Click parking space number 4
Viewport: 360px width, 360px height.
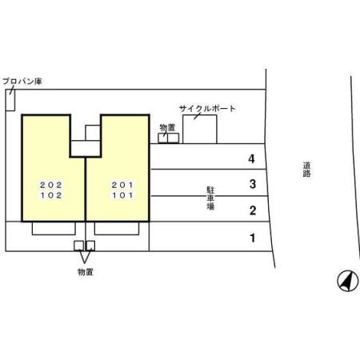[251, 159]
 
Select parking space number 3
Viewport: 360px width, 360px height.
[253, 184]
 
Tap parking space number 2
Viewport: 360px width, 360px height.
[253, 210]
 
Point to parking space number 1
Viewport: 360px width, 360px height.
[253, 238]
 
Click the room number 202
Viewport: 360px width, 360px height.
[51, 185]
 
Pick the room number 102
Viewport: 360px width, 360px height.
[51, 195]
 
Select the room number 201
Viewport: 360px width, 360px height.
[122, 185]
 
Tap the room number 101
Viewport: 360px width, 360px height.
[122, 195]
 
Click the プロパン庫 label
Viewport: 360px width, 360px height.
[22, 81]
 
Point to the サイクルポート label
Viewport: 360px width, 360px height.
[207, 109]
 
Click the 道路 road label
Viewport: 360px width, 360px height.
[306, 170]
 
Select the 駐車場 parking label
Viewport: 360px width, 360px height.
[210, 198]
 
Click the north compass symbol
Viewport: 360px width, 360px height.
[348, 281]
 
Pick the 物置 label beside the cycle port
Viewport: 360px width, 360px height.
[167, 128]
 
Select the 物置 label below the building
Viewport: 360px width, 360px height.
[86, 272]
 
